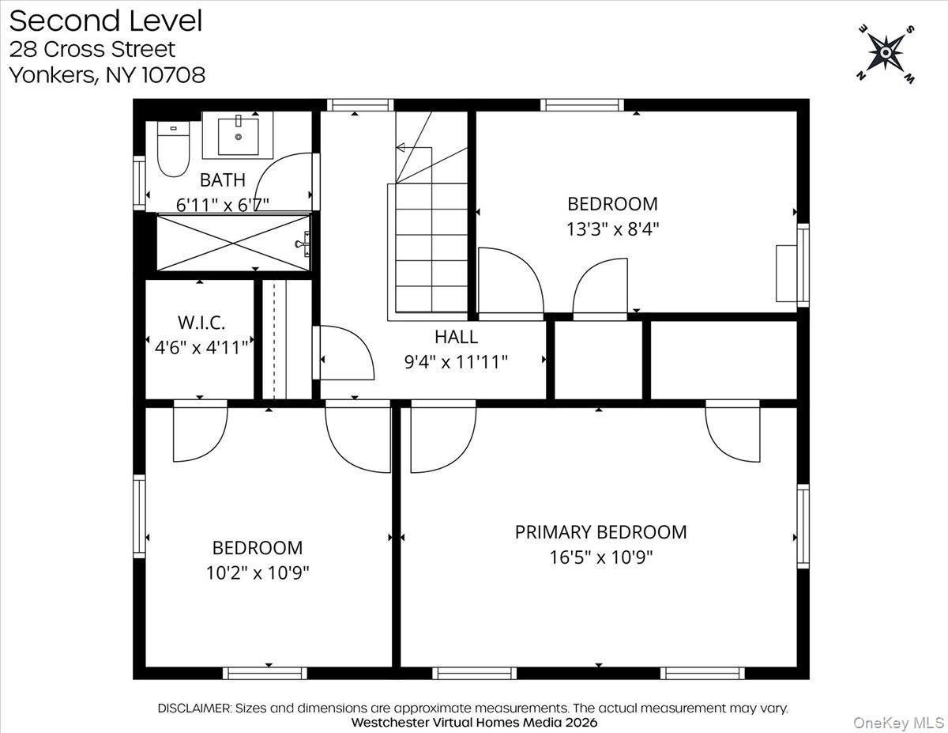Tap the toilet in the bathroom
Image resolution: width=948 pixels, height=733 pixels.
tap(172, 150)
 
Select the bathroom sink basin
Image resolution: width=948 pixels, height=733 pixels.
tap(238, 135)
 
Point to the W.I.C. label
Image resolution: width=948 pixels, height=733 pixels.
tap(201, 323)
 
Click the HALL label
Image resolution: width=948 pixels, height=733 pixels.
tap(456, 337)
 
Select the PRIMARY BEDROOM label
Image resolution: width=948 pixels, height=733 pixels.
tap(600, 532)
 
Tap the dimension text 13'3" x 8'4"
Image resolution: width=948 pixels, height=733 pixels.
tap(612, 229)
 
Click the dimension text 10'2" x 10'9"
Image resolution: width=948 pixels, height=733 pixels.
tap(257, 572)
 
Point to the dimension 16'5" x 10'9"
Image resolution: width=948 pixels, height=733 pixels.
tap(600, 557)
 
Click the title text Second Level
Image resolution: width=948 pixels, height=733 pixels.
tap(105, 21)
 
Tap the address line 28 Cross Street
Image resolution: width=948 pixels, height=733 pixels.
tap(92, 49)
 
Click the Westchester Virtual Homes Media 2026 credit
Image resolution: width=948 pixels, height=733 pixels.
tap(474, 723)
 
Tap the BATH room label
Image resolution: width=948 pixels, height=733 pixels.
tap(222, 179)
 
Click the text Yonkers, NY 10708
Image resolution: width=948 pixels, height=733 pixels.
tap(107, 75)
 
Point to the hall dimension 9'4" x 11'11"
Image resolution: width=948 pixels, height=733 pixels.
tap(455, 362)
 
